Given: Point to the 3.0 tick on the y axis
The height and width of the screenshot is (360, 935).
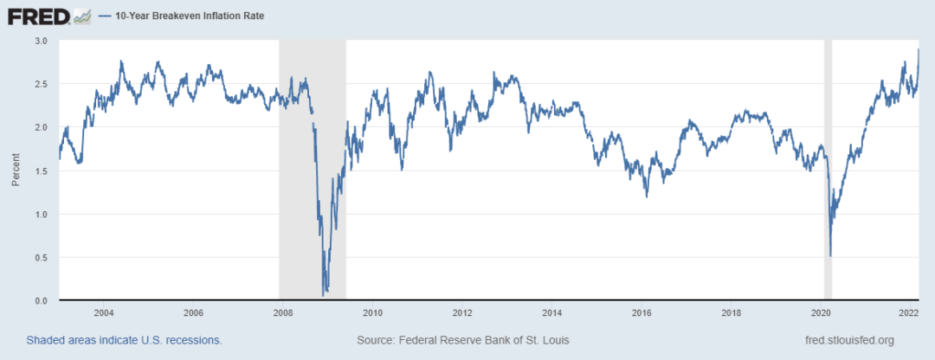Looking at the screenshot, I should tap(41, 41).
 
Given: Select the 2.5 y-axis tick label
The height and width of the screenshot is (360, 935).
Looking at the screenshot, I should tap(41, 84).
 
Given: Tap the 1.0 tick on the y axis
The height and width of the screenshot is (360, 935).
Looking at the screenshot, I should tap(41, 214).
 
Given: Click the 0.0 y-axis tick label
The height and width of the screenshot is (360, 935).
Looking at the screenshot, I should tap(41, 300).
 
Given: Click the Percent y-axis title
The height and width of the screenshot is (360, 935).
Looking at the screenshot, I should tap(16, 170).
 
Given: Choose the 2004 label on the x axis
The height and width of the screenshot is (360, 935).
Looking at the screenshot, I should tap(103, 312).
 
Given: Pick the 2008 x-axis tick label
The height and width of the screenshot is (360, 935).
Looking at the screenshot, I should tap(282, 312).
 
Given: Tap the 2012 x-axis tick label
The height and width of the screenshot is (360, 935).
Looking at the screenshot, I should tap(462, 312).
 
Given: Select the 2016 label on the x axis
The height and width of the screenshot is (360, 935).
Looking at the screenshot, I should tap(642, 312).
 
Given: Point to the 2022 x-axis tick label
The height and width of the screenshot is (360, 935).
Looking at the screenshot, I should tap(907, 312).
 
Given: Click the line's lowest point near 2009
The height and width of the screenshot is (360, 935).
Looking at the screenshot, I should tap(324, 295).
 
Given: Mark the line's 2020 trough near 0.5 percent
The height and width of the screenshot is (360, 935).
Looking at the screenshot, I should tap(830, 255).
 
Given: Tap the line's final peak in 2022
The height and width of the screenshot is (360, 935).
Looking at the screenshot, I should tap(918, 49).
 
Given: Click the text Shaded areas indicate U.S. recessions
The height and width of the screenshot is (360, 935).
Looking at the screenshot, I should tap(124, 340).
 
